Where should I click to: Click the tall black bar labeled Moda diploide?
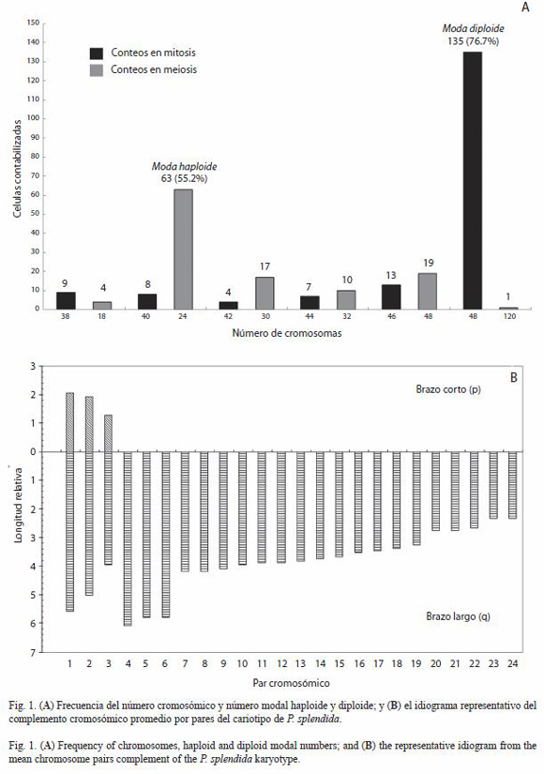pyautogui.click(x=473, y=180)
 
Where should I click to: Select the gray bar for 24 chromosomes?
pyautogui.click(x=183, y=250)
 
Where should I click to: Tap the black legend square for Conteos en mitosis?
pyautogui.click(x=97, y=53)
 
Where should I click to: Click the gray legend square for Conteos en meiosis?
pyautogui.click(x=97, y=70)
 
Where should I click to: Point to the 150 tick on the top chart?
pyautogui.click(x=34, y=23)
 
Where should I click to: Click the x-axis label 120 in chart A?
pyautogui.click(x=509, y=316)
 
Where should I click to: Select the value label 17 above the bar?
pyautogui.click(x=264, y=266)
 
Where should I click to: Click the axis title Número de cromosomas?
pyautogui.click(x=287, y=333)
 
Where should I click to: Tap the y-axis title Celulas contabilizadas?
pyautogui.click(x=17, y=169)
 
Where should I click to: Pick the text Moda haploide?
pyautogui.click(x=184, y=166)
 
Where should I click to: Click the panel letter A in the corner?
pyautogui.click(x=525, y=8)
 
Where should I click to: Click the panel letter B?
pyautogui.click(x=513, y=378)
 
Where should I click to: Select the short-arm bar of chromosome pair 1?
pyautogui.click(x=69, y=422)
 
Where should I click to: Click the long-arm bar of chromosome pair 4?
pyautogui.click(x=128, y=539)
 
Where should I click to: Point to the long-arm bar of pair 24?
pyautogui.click(x=513, y=485)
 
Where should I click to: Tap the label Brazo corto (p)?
pyautogui.click(x=448, y=389)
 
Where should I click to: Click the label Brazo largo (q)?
pyautogui.click(x=458, y=616)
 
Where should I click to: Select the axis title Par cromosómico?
pyautogui.click(x=292, y=684)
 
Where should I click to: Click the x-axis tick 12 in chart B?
pyautogui.click(x=282, y=664)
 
